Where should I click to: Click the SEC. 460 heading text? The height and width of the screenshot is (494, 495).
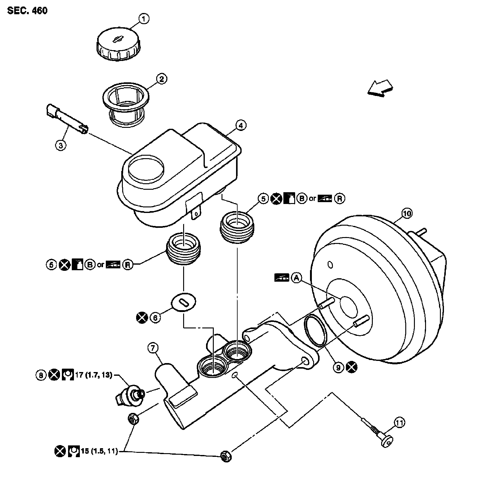[28, 11]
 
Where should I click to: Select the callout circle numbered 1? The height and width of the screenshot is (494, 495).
[144, 19]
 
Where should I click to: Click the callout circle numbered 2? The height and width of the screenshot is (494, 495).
[161, 79]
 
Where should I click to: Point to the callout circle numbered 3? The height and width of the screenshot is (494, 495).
[61, 145]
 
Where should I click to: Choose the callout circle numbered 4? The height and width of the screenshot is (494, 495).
[241, 125]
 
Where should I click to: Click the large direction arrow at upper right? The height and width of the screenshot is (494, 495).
[380, 88]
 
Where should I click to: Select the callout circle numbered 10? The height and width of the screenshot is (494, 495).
[407, 213]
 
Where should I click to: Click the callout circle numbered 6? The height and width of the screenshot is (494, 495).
[156, 317]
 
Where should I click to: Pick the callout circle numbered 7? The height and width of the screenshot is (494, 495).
[153, 348]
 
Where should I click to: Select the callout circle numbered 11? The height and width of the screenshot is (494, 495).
[399, 422]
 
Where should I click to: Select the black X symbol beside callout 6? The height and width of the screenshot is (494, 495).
[142, 317]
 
